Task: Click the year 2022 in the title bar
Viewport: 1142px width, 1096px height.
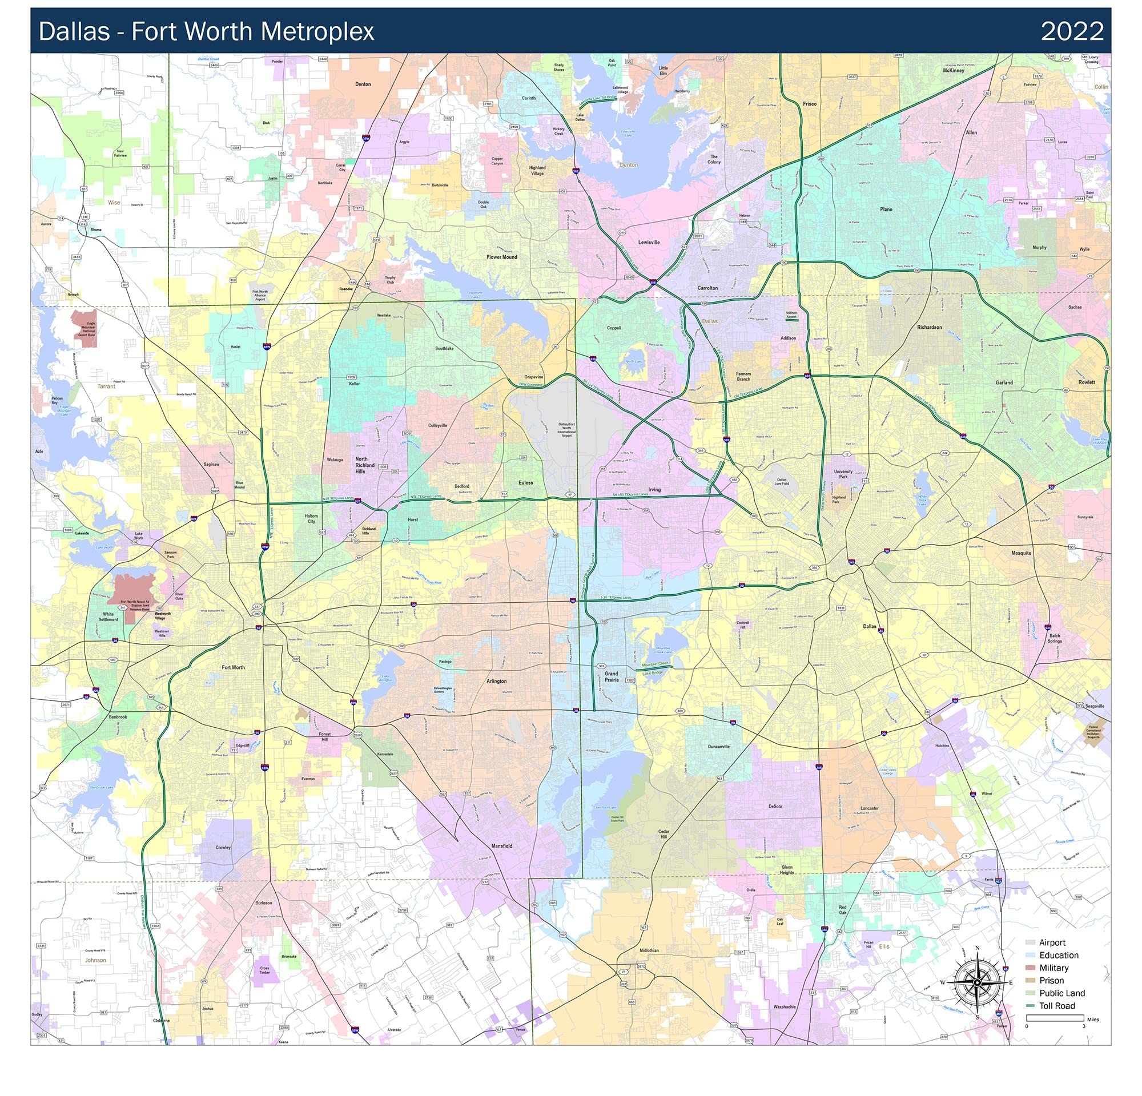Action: pos(1072,31)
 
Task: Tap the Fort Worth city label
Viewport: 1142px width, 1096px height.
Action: pos(233,667)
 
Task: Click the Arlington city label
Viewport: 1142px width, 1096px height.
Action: pos(496,681)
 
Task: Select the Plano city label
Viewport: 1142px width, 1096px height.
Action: pos(886,209)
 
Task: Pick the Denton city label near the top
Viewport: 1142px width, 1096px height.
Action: pos(363,84)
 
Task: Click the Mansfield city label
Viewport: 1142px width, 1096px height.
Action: pos(502,845)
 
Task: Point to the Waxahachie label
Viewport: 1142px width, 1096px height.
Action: pos(784,1007)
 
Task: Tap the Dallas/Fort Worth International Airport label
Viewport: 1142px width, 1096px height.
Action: pos(566,430)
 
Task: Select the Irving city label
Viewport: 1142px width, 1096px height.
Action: pos(654,490)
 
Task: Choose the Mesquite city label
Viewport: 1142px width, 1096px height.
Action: pos(1021,553)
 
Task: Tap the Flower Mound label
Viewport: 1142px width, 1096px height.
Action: pos(502,257)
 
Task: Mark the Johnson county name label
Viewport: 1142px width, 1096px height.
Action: pos(95,960)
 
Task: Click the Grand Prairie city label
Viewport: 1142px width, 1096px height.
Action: pos(611,676)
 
